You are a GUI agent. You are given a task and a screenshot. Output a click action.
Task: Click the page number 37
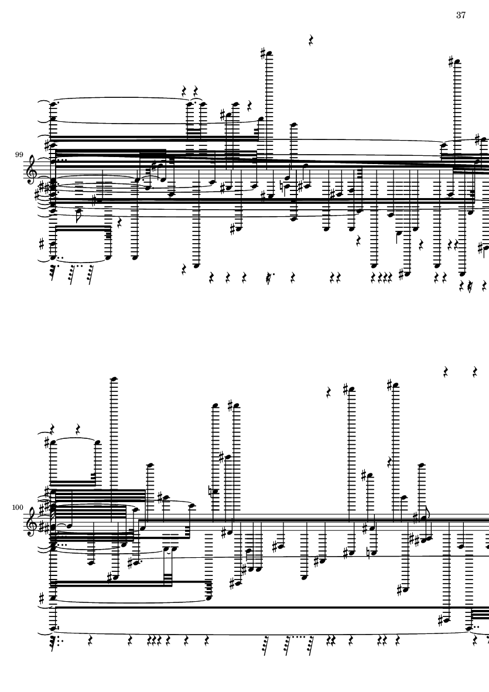(461, 15)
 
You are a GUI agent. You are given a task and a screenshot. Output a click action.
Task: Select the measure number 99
(19, 155)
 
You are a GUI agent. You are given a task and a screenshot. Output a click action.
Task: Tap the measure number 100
(18, 507)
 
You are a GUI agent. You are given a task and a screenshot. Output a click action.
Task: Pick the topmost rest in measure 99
(311, 41)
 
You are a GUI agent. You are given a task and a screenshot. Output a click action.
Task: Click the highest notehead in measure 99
(269, 54)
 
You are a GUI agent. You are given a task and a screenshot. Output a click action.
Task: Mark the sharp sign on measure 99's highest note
(263, 53)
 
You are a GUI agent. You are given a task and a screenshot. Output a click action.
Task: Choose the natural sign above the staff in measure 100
(211, 491)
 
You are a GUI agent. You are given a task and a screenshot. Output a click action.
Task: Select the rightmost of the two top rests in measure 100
(475, 372)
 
